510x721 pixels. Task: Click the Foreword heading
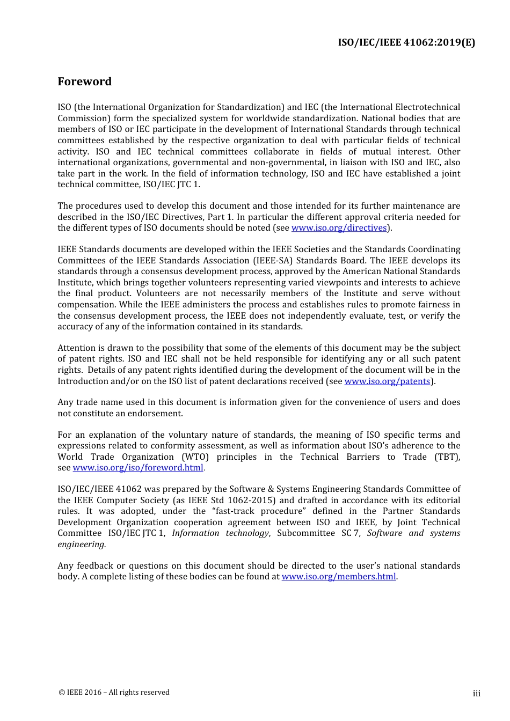click(x=85, y=82)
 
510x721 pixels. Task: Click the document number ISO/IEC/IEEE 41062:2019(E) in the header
click(x=406, y=42)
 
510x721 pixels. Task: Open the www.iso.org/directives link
click(x=339, y=228)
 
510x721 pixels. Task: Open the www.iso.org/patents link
click(x=387, y=381)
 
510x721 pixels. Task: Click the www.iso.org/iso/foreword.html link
click(x=138, y=468)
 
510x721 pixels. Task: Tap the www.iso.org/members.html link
click(x=339, y=577)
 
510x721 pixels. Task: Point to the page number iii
click(x=476, y=694)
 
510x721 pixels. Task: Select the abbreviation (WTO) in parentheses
click(x=199, y=457)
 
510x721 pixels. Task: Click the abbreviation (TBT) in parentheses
click(x=447, y=457)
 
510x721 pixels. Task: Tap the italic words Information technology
click(x=220, y=533)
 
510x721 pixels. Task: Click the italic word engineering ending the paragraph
click(x=82, y=545)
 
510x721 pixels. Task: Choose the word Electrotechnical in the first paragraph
click(x=427, y=107)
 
